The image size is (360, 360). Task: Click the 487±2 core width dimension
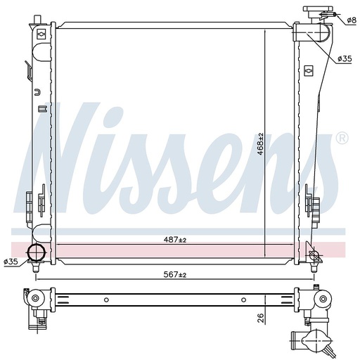pos(175,240)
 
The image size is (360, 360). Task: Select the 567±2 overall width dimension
pos(175,274)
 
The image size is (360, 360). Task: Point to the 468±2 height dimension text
pos(260,144)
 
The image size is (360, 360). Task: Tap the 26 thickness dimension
pos(260,317)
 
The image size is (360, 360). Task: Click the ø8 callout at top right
pos(352,20)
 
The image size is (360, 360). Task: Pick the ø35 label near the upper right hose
pos(345,58)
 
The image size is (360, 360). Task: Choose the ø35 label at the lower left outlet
pos(11,262)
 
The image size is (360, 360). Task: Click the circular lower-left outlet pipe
pos(36,252)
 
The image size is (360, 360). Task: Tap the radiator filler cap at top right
pos(318,12)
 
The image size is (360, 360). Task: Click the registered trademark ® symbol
pos(342,139)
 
